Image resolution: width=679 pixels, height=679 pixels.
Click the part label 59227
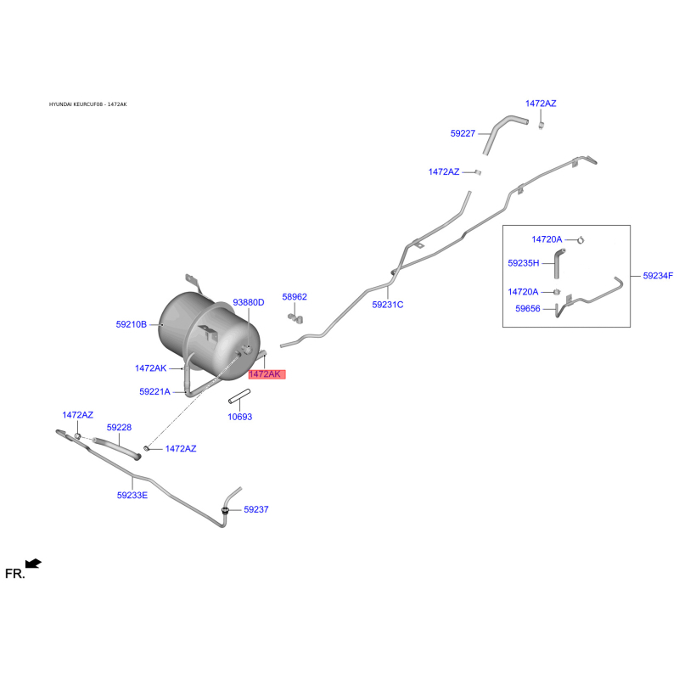(463, 133)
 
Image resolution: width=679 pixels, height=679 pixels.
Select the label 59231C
(388, 304)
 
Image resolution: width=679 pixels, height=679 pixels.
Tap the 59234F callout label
(658, 276)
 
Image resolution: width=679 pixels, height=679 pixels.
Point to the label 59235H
(524, 263)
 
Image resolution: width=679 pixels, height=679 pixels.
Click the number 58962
(295, 297)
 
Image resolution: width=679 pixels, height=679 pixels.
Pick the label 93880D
(249, 302)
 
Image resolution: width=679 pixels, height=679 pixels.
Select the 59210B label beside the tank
(132, 324)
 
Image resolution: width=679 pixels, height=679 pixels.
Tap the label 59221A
(155, 392)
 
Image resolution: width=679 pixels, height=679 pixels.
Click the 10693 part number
(240, 417)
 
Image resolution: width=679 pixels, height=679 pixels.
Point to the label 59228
(119, 428)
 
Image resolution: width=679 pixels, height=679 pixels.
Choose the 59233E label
(132, 494)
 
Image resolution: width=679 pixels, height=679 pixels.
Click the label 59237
(256, 510)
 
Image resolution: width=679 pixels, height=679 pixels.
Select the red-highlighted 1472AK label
(264, 374)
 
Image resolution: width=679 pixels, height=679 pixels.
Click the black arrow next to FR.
(33, 564)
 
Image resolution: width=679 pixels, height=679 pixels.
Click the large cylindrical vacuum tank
(200, 327)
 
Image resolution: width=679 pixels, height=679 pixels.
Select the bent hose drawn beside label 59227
(504, 132)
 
